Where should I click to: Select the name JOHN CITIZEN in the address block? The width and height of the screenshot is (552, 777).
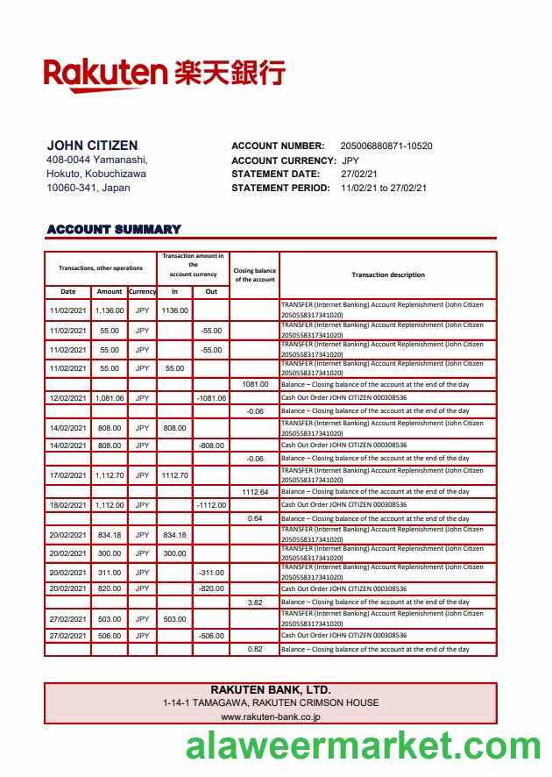click(x=92, y=146)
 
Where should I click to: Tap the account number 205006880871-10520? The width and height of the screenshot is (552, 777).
click(x=386, y=146)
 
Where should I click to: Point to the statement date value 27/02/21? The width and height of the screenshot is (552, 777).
click(x=359, y=174)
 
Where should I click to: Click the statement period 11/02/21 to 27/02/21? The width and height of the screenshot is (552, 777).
click(x=384, y=188)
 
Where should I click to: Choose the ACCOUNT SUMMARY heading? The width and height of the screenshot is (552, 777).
click(x=114, y=230)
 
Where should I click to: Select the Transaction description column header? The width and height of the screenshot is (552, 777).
click(x=388, y=274)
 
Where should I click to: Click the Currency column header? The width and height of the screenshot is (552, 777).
click(x=142, y=291)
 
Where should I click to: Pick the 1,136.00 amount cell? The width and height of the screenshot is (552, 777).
click(x=110, y=310)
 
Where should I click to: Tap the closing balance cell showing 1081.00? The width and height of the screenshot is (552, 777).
click(x=255, y=384)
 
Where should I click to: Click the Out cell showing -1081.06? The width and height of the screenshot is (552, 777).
click(x=211, y=398)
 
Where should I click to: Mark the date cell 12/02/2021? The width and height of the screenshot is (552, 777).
click(x=68, y=398)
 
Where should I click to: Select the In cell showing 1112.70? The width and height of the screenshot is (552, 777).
click(x=175, y=475)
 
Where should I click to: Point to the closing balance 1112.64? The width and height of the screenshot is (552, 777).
click(x=255, y=492)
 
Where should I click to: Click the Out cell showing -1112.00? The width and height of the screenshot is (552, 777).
click(x=211, y=505)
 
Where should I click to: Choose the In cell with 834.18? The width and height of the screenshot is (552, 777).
click(x=175, y=535)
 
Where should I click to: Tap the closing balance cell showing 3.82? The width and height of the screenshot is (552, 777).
click(x=255, y=602)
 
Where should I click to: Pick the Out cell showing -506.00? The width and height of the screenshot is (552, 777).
click(x=211, y=636)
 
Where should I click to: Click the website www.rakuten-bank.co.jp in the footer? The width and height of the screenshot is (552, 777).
click(x=271, y=716)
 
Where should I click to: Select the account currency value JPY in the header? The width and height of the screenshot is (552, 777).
click(x=350, y=160)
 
